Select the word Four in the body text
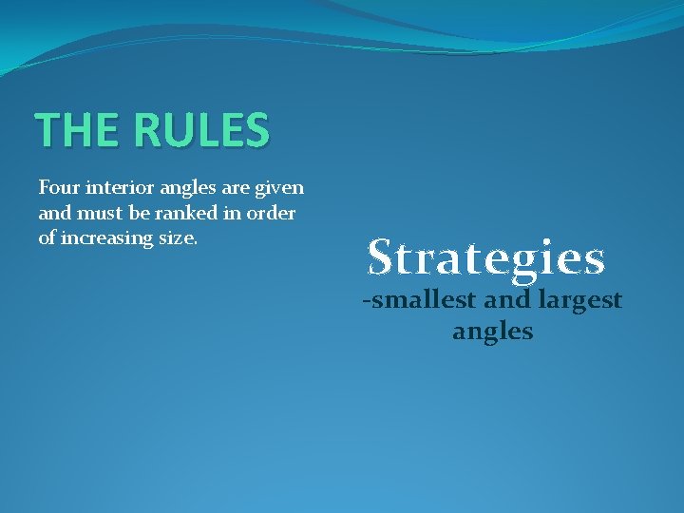[x=57, y=188]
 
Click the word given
[x=279, y=189]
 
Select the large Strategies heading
[x=486, y=256]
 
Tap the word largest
[x=582, y=302]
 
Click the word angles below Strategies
[x=492, y=332]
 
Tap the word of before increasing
[x=47, y=237]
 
